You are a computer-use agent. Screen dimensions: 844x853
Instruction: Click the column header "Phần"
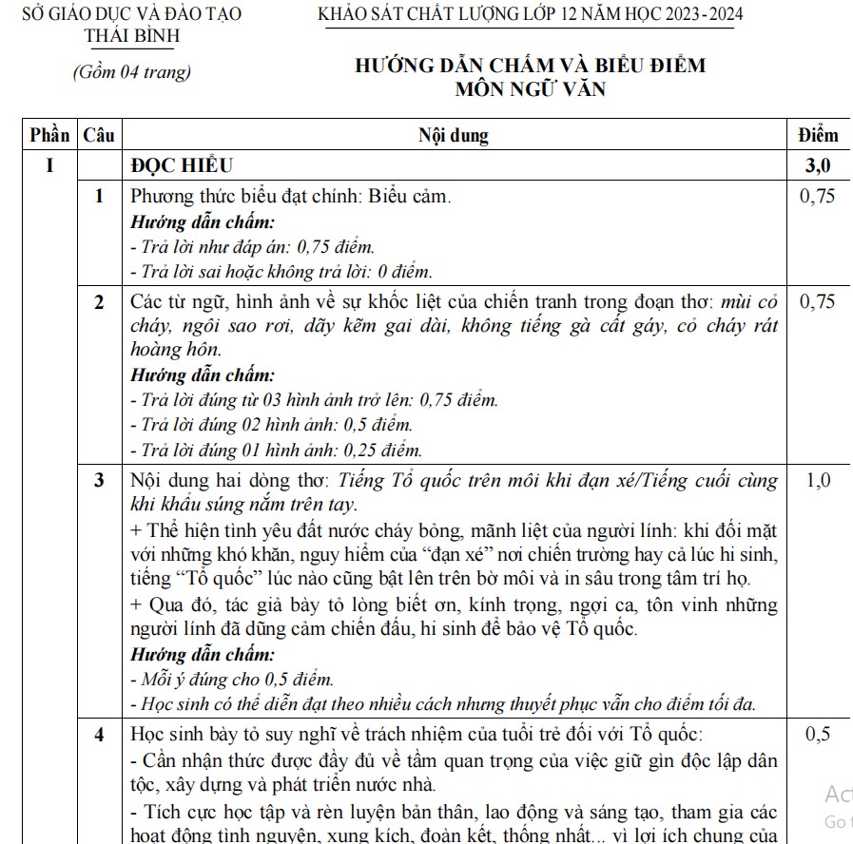coord(49,135)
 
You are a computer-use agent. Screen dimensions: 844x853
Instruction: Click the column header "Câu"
coord(99,135)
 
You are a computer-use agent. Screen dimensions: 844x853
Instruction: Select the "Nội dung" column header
coord(454,135)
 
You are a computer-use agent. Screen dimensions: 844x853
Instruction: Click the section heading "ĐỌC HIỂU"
coord(182,165)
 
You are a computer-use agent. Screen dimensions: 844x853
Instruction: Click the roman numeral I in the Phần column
coord(49,165)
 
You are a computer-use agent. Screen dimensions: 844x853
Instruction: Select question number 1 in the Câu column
coord(99,197)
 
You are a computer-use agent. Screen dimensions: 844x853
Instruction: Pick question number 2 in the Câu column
coord(99,302)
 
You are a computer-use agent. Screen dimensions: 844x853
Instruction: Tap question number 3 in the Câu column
coord(99,481)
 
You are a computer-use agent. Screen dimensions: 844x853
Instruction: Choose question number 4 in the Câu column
coord(99,734)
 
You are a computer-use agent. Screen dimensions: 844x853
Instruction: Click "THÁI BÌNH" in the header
coord(131,37)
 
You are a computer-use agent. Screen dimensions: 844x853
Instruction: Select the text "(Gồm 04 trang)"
coord(131,72)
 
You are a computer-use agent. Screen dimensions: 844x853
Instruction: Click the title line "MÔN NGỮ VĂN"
coord(530,90)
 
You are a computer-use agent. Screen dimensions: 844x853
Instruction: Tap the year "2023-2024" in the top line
coord(699,13)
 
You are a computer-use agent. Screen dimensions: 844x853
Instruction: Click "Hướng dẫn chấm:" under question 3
coord(203,655)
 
